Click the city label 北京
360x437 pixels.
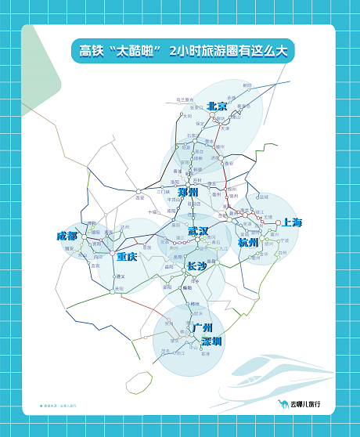[217, 106]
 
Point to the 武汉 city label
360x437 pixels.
[199, 232]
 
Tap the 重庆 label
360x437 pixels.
[127, 256]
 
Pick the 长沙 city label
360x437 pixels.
[197, 266]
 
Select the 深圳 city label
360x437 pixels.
[211, 341]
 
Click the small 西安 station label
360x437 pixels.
[140, 197]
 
